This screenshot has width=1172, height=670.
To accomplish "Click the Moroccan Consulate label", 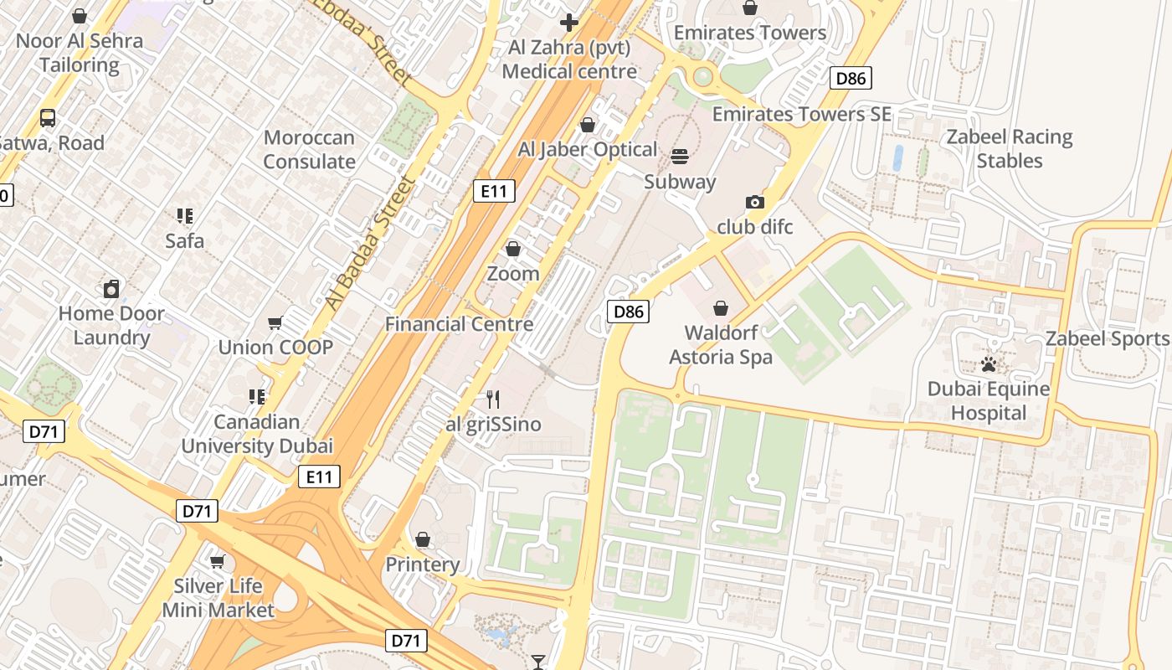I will [309, 150].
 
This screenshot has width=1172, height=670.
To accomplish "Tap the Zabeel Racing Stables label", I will [1009, 149].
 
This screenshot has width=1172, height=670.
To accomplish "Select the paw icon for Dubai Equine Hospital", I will [989, 365].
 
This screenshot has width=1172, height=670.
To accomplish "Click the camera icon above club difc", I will [754, 203].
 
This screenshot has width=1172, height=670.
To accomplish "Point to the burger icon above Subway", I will [680, 157].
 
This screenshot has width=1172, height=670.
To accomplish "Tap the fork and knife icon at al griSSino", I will [493, 399].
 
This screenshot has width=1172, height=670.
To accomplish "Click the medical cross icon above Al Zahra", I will [569, 23].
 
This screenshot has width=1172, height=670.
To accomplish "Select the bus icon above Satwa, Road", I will [48, 118].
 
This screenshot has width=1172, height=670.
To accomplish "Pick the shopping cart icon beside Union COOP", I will [275, 323].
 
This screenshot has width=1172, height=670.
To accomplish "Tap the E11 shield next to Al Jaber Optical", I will [494, 191].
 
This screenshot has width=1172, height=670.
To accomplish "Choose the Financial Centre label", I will [459, 324].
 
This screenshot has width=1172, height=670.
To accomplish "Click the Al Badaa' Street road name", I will [370, 243].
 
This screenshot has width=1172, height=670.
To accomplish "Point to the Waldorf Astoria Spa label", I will [720, 345].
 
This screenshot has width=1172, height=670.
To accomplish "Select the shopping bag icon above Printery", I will [423, 539].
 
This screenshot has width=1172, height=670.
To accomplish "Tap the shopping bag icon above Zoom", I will [513, 249].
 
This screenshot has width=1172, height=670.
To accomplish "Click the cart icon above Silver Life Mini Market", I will [218, 561].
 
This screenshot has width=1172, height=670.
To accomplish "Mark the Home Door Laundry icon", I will [111, 290].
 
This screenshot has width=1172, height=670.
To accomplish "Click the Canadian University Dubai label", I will [257, 434].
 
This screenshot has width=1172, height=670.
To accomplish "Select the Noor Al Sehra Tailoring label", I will [80, 52].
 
